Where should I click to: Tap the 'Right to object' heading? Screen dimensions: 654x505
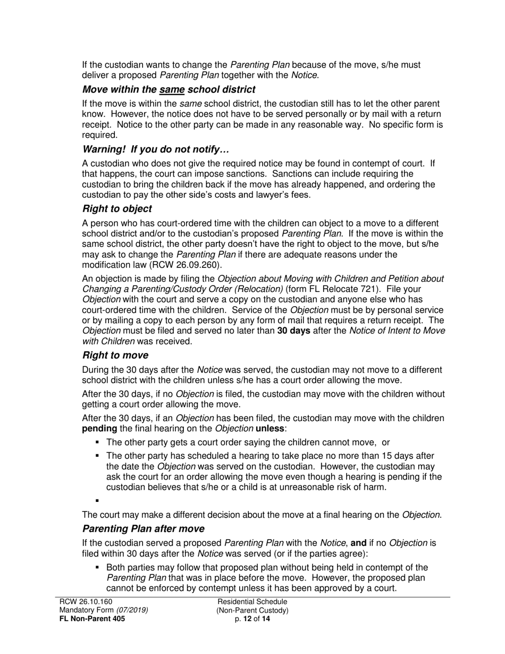click(117, 208)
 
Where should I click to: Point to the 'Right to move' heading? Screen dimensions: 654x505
click(115, 355)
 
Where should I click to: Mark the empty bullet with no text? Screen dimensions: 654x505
click(97, 500)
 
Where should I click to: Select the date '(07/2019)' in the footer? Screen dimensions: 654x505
click(132, 610)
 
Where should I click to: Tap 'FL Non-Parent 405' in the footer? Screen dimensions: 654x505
click(92, 618)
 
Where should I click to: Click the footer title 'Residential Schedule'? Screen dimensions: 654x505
click(252, 601)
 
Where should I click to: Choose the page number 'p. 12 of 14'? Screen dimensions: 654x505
click(252, 618)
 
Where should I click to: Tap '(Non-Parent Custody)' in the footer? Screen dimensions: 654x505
click(252, 610)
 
